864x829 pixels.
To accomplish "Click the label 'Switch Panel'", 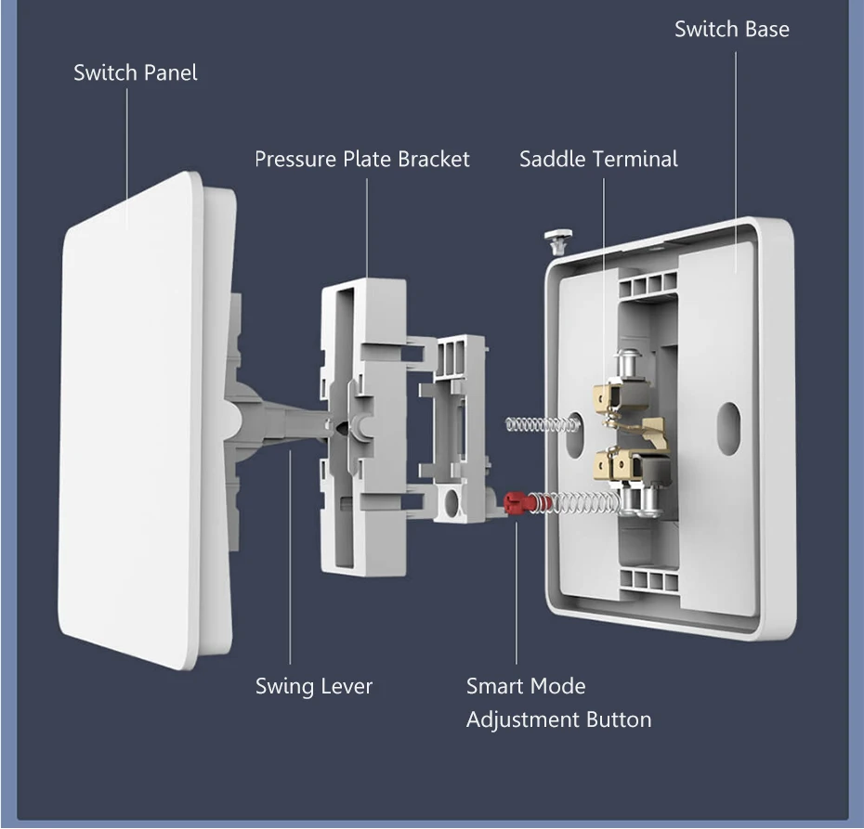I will pyautogui.click(x=136, y=72).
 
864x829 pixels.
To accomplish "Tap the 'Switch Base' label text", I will pyautogui.click(x=731, y=29).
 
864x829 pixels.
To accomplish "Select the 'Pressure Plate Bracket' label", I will pyautogui.click(x=362, y=159).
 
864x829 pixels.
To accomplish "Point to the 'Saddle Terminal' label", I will pyautogui.click(x=598, y=159).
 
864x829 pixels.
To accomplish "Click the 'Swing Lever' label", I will pyautogui.click(x=314, y=687).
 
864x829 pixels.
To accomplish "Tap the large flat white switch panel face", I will pyautogui.click(x=139, y=418).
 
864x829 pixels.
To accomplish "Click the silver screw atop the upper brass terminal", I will pyautogui.click(x=633, y=359).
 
